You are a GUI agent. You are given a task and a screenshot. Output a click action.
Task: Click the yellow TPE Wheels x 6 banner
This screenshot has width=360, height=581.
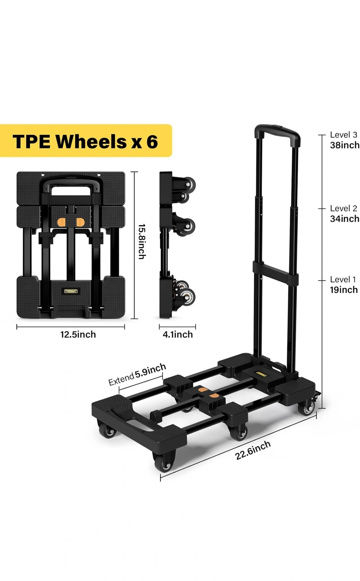[86, 140]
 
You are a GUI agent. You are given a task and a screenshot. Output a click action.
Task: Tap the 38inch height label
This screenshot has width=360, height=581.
[345, 145]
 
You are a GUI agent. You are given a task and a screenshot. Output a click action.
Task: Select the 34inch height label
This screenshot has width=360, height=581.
[345, 219]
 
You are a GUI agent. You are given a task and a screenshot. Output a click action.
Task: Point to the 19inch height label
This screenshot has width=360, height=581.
[344, 290]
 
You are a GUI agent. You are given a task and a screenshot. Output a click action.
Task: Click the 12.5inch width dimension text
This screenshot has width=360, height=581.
[78, 334]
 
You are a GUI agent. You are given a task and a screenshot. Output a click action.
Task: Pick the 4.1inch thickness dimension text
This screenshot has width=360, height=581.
[178, 334]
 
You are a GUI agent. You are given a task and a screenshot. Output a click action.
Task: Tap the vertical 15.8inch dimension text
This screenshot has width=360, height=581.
[142, 242]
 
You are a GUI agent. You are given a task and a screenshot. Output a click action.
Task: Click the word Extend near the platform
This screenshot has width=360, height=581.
[121, 380]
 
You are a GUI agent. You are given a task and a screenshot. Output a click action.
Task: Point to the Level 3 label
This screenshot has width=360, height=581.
[343, 135]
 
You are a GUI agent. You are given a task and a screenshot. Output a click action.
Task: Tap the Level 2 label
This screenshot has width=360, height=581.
[343, 208]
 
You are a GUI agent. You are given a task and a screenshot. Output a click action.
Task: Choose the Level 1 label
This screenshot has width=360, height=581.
[343, 279]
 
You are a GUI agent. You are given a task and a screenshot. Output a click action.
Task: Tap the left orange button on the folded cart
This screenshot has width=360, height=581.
[61, 222]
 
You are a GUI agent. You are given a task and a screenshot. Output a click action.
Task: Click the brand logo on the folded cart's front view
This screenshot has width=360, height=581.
[71, 291]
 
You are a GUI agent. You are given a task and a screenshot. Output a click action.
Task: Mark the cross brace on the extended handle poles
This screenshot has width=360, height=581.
[275, 271]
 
